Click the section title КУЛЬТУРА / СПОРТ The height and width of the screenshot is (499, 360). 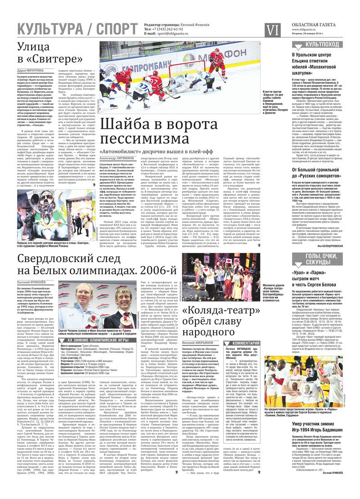pyautogui.click(x=76, y=29)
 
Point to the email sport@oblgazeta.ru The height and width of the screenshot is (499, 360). pyautogui.click(x=171, y=33)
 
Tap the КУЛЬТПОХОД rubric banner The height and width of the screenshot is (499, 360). pyautogui.click(x=322, y=45)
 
